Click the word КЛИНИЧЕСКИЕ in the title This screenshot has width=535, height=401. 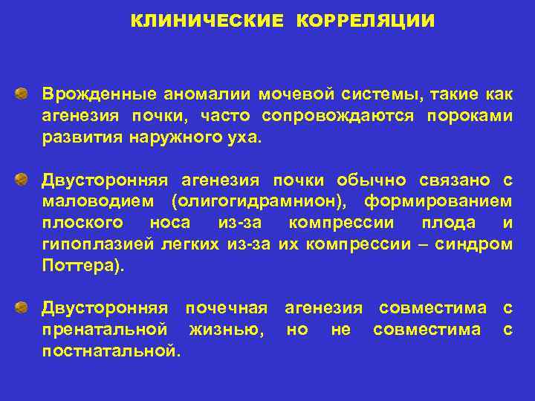207,21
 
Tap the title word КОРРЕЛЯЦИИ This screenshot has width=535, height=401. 365,21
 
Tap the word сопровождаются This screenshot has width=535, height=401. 340,117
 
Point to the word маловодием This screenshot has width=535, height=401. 99,202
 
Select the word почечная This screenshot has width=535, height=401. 226,307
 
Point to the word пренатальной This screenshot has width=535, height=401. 104,329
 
